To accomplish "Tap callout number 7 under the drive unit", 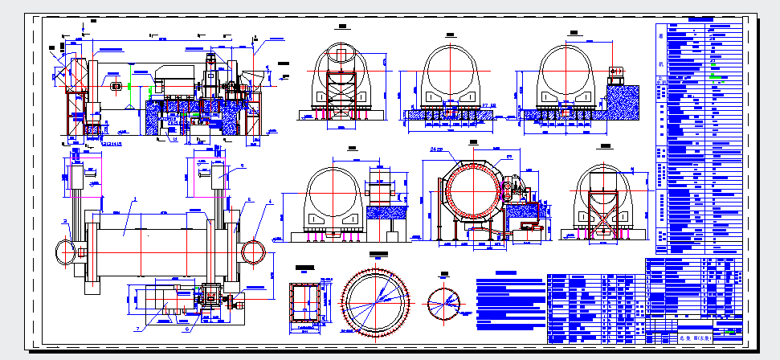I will point(138,328).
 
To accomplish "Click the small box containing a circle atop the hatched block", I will point(617,72).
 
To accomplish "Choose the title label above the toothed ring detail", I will point(375,254).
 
